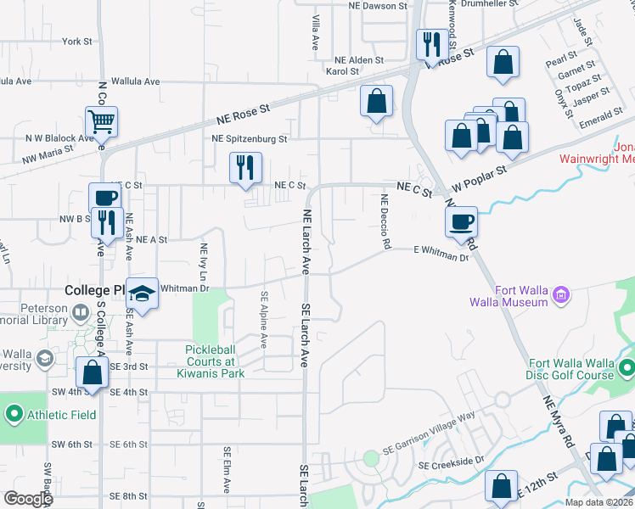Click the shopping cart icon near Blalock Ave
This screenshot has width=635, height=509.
(101, 122)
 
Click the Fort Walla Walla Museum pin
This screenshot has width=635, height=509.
(561, 295)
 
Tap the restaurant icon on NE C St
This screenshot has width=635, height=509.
(245, 167)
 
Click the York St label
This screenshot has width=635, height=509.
(76, 41)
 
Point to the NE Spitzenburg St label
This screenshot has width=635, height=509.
(250, 138)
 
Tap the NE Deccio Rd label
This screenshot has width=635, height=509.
(385, 222)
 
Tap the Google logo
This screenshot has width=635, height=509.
(28, 498)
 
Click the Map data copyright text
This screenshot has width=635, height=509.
(599, 502)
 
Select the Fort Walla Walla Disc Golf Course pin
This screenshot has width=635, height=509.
(627, 368)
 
